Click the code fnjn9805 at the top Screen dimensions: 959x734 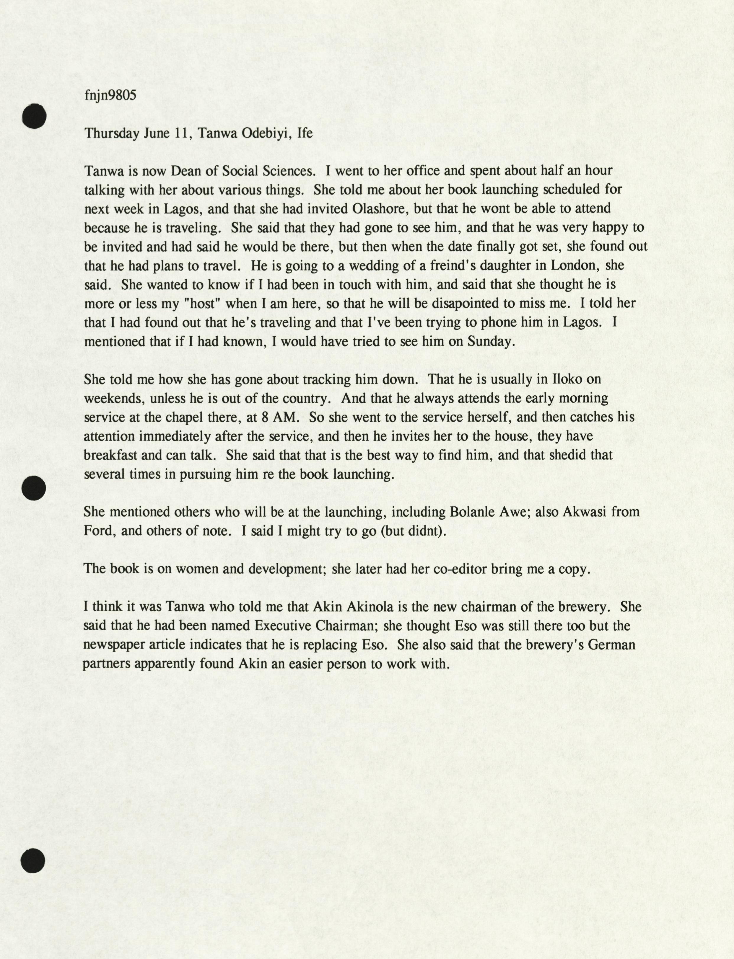click(110, 95)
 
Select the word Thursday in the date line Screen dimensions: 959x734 click(111, 133)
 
